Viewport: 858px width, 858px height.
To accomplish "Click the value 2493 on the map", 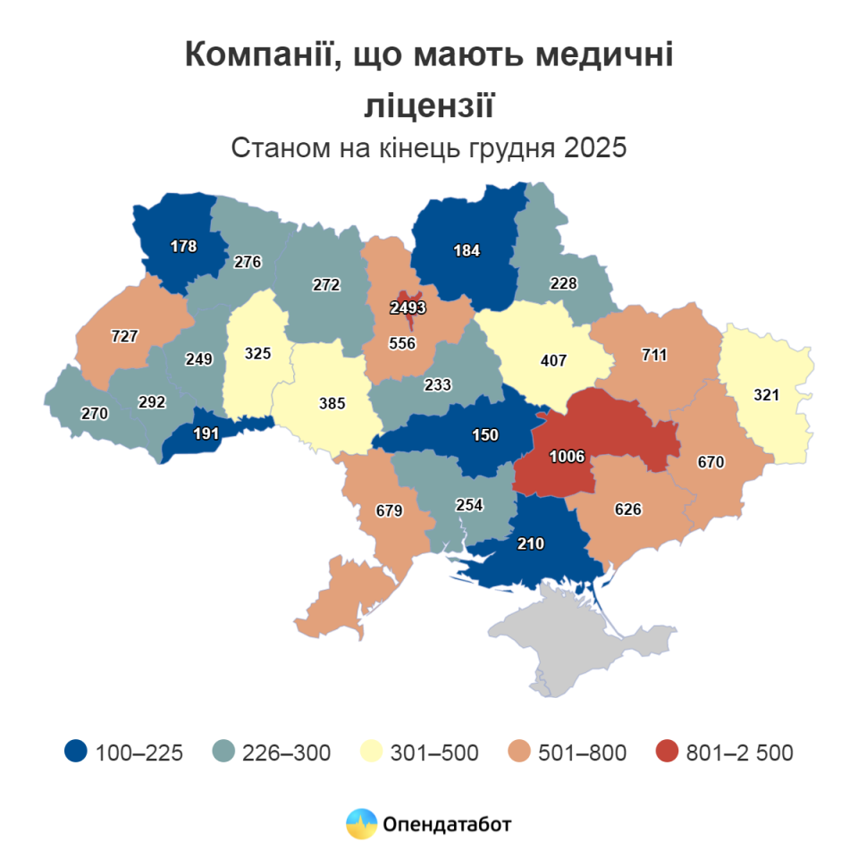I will (408, 308).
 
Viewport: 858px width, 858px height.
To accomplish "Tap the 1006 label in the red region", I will (567, 457).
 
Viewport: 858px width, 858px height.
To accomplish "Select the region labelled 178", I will (183, 246).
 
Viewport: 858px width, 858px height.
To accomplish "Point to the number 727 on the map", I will (124, 336).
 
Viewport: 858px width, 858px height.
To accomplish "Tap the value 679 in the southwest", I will (390, 512).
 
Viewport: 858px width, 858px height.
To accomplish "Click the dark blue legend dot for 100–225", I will (77, 753).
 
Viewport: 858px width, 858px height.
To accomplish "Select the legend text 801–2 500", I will (739, 753).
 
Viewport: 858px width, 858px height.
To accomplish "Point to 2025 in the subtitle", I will (594, 147).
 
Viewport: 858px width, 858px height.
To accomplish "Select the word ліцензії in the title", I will (429, 105).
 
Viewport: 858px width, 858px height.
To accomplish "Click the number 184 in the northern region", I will (467, 250).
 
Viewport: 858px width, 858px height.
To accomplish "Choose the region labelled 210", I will (529, 543).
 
